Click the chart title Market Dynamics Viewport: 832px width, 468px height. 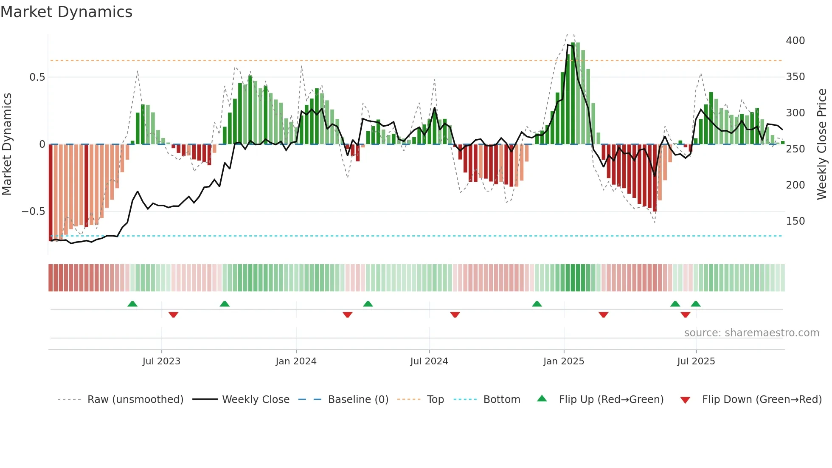pos(66,12)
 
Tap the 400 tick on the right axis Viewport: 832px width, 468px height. pos(795,41)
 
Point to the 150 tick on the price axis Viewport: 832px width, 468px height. pos(795,221)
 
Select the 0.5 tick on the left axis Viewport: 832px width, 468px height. pos(37,77)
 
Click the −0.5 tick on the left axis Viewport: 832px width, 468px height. pos(33,211)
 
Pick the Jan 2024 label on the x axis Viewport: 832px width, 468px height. pos(296,361)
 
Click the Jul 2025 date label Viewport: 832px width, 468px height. pos(696,361)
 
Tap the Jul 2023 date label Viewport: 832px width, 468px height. pos(161,361)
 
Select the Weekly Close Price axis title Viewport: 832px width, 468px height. pos(822,144)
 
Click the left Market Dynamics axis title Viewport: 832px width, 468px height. pos(7,144)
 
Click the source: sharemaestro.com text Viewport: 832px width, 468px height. pos(751,333)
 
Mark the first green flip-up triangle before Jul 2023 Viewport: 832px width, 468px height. pos(132,304)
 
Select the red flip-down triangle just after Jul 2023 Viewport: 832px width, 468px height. pos(173,315)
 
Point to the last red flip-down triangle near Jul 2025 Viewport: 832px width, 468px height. pos(685,315)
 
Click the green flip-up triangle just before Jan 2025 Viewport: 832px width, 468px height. pos(537,304)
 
